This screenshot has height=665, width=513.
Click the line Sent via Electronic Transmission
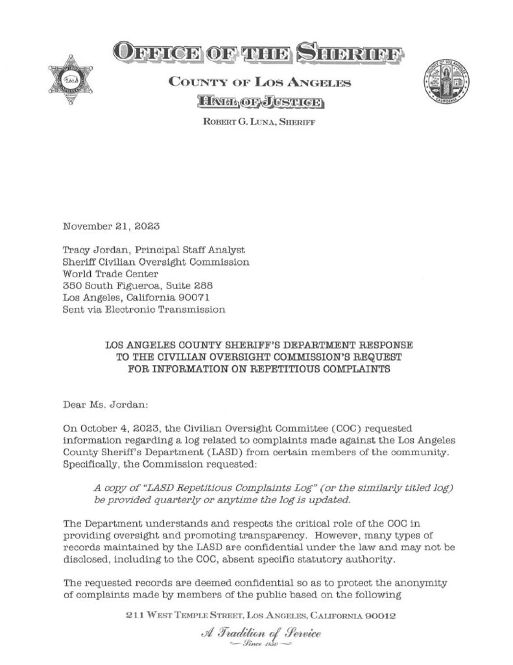tap(144, 310)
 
